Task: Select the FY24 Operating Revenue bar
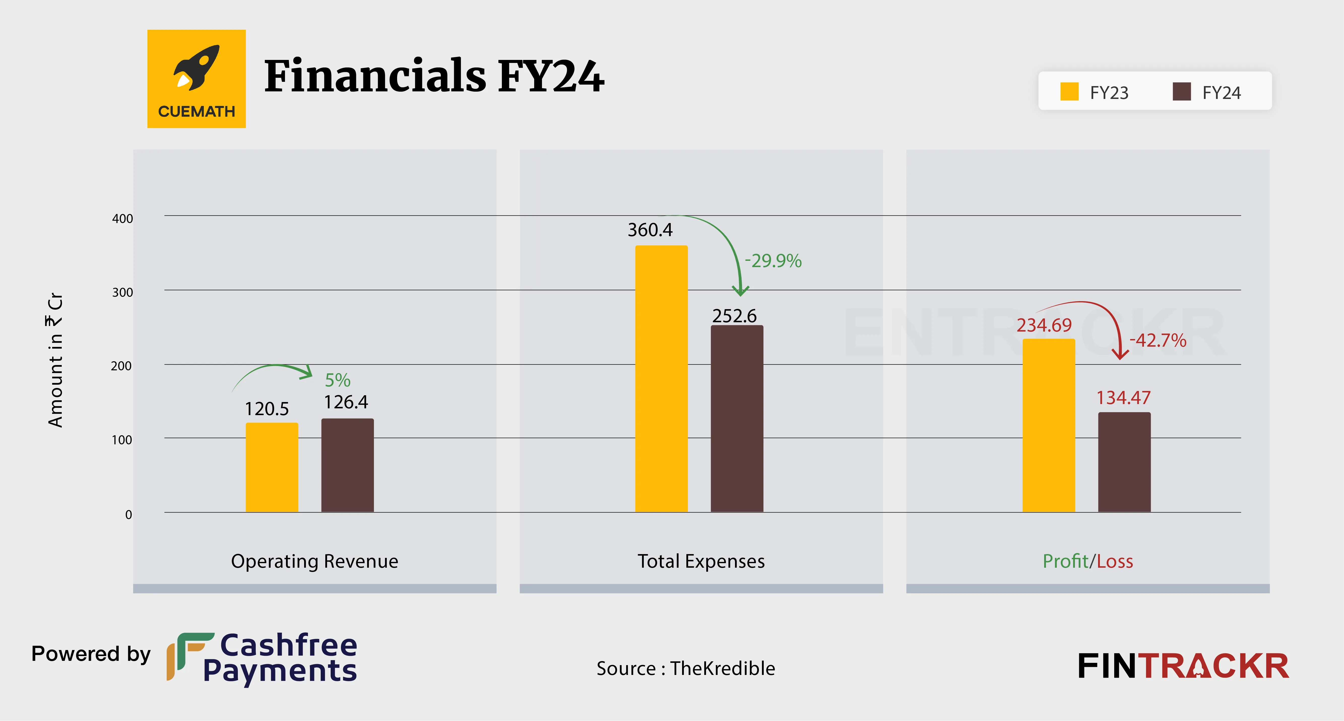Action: point(347,465)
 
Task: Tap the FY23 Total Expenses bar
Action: point(661,378)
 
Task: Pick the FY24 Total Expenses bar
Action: point(737,419)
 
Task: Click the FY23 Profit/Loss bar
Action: point(1049,425)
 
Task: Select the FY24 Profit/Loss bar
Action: point(1124,462)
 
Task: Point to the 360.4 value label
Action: point(650,230)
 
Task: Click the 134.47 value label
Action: point(1123,398)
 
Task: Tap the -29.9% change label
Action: point(773,261)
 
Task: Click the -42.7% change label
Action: point(1158,340)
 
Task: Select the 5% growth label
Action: point(338,380)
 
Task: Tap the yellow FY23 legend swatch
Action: point(1069,92)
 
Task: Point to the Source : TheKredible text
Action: point(686,668)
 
